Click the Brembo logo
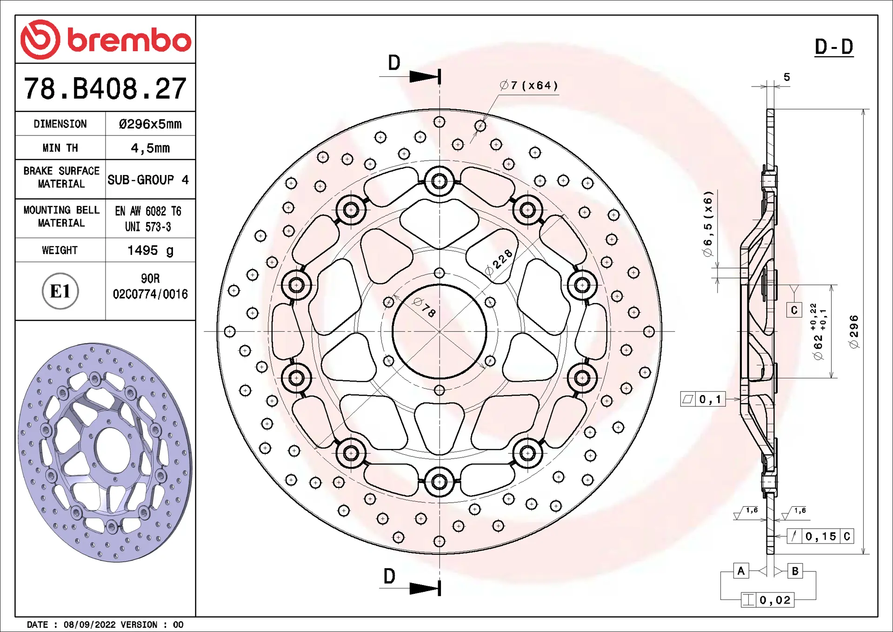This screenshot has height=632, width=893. pyautogui.click(x=106, y=40)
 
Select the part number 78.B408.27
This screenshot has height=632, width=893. pyautogui.click(x=105, y=88)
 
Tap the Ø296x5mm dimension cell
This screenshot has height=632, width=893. pyautogui.click(x=150, y=124)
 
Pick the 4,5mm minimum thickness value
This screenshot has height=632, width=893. pyautogui.click(x=150, y=148)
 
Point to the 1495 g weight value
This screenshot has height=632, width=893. pyautogui.click(x=150, y=250)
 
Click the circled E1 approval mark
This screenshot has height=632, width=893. pyautogui.click(x=60, y=291)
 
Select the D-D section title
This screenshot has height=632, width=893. pyautogui.click(x=834, y=47)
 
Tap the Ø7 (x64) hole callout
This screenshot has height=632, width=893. pyautogui.click(x=528, y=85)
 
